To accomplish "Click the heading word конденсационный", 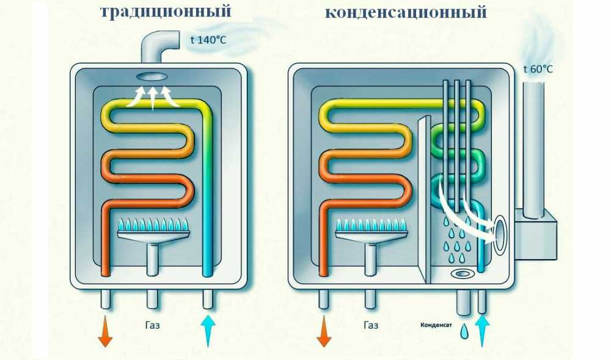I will (406, 11).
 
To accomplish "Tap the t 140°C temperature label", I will (208, 41).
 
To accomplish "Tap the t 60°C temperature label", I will (538, 69).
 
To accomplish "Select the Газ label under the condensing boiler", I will (370, 325).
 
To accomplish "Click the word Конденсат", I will (436, 325).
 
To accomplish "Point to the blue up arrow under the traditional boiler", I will (208, 330).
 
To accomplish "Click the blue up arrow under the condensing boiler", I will (482, 330).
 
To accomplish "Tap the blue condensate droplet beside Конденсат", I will (464, 331).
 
